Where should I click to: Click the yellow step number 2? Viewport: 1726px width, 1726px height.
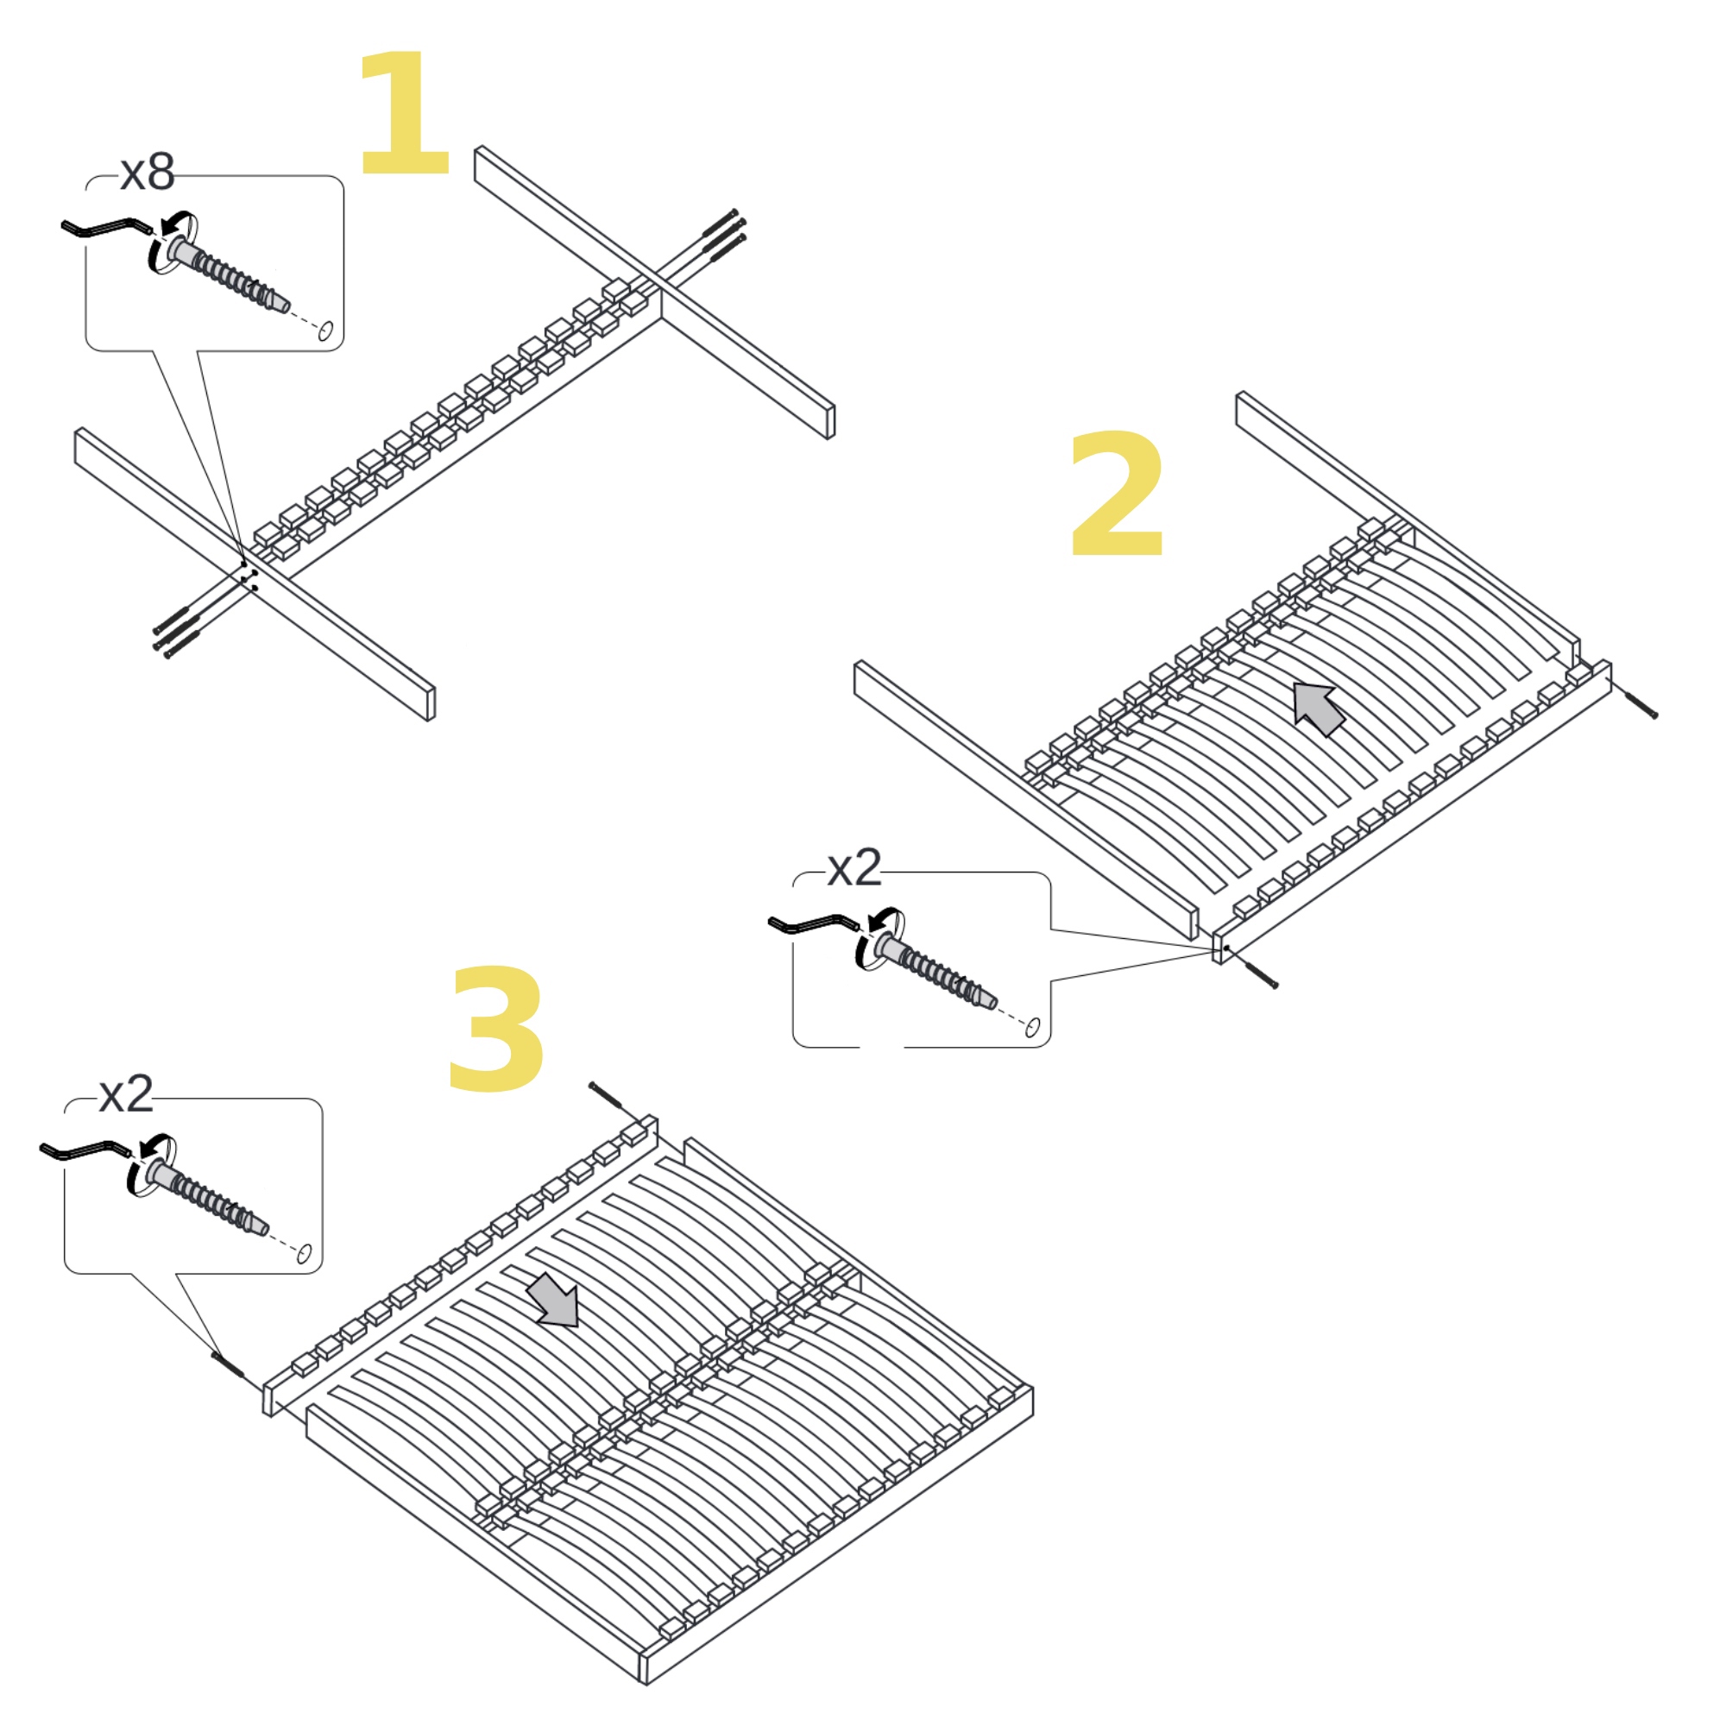click(1117, 493)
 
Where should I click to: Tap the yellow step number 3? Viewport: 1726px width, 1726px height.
click(496, 1029)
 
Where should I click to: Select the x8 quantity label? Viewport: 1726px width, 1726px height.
click(148, 173)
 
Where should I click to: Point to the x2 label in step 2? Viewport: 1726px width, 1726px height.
click(854, 868)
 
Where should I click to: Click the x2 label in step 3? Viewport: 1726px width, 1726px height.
click(126, 1094)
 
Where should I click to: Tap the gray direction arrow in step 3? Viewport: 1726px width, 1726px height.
click(553, 1300)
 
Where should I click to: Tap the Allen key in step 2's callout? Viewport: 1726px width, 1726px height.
click(814, 923)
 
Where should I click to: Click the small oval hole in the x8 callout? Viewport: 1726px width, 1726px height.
click(325, 331)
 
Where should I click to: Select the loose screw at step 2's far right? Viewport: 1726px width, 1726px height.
click(1641, 704)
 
